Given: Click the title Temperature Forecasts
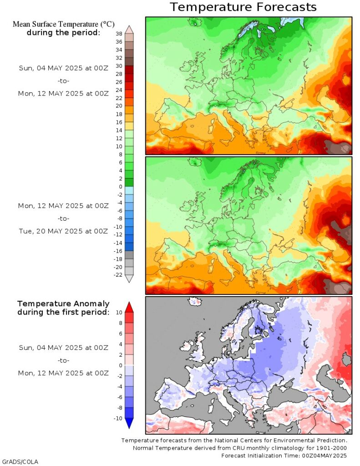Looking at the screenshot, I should tap(243, 7).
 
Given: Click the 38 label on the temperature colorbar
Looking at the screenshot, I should tap(119, 34).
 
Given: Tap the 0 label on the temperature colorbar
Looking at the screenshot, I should tap(120, 186).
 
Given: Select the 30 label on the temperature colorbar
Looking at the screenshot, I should tap(119, 66).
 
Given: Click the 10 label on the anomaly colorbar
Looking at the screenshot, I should tap(119, 312).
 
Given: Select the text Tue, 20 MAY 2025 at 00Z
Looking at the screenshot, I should tap(63, 231).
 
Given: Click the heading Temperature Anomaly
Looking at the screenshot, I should tap(63, 304).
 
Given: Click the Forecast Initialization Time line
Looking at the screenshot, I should tap(284, 455).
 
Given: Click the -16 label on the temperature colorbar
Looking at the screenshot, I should tap(117, 251).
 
